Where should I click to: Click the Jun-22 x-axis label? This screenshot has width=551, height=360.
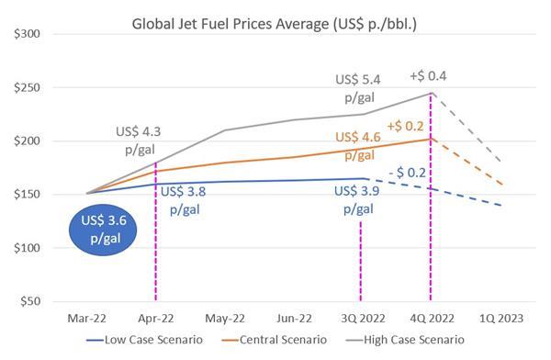(x=293, y=319)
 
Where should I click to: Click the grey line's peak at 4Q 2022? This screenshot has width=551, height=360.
(x=429, y=93)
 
